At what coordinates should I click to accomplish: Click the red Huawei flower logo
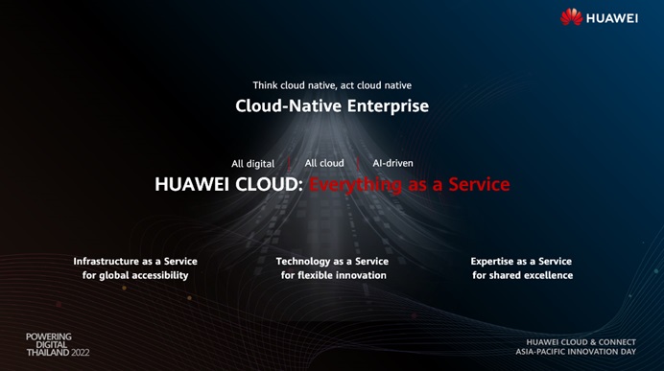571,17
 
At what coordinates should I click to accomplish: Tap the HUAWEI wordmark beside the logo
612,18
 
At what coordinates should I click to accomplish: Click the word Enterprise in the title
388,105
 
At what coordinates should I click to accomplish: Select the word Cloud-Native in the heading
289,105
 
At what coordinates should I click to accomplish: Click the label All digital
252,164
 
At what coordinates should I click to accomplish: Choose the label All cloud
324,163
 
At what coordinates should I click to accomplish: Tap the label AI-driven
392,163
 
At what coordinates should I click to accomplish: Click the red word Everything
355,185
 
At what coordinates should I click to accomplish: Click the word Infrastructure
107,262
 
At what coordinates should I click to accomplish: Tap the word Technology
303,262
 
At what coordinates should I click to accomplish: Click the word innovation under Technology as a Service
359,275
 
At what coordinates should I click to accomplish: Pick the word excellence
548,275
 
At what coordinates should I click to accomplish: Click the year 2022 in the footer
81,353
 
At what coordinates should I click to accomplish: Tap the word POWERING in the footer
49,336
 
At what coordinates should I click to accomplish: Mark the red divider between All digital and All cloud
289,163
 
